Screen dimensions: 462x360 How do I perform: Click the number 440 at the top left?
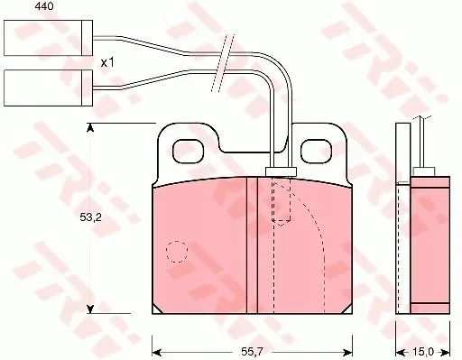pyautogui.click(x=44, y=6)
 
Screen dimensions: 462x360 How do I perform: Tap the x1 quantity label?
pyautogui.click(x=107, y=63)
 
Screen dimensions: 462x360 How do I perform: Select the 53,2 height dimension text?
pyautogui.click(x=90, y=217)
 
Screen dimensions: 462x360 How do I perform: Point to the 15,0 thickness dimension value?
pyautogui.click(x=423, y=351)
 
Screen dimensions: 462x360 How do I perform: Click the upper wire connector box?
pyautogui.click(x=48, y=38)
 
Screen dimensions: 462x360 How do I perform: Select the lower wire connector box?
pyautogui.click(x=48, y=88)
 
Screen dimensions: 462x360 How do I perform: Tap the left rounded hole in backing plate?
pyautogui.click(x=189, y=152)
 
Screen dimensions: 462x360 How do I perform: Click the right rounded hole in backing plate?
pyautogui.click(x=317, y=152)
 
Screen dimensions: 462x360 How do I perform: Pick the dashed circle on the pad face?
pyautogui.click(x=177, y=252)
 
